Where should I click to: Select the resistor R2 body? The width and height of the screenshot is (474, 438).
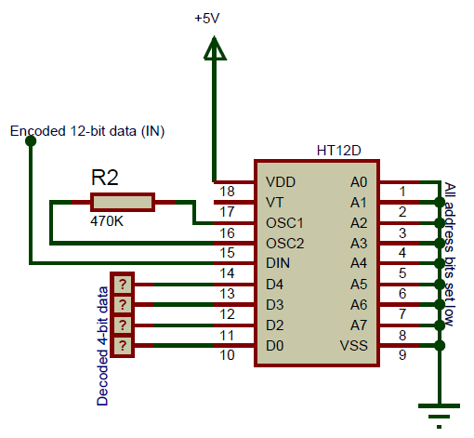(122, 202)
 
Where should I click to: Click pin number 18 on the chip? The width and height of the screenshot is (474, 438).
(227, 192)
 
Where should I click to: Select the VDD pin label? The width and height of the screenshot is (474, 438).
(282, 181)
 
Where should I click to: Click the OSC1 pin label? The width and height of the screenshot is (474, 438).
(285, 223)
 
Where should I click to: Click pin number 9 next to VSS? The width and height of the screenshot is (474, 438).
(402, 354)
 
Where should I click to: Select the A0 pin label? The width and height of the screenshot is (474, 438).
(359, 181)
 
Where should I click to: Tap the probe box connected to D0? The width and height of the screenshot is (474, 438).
(122, 346)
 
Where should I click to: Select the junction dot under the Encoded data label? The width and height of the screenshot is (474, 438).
(30, 141)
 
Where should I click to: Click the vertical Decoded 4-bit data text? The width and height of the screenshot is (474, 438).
(102, 345)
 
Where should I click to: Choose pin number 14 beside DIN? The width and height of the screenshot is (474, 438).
(227, 273)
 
